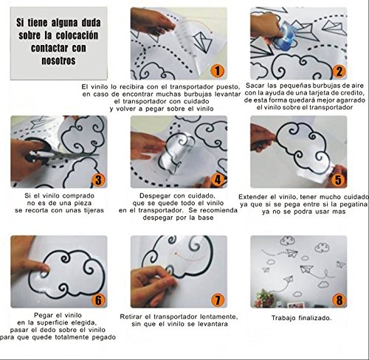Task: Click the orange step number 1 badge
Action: tap(218, 71)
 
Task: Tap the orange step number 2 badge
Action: tap(339, 71)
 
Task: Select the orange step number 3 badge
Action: tap(98, 180)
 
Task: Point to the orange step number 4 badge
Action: tap(218, 180)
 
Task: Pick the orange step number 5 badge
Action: tap(338, 180)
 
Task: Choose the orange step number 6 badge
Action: tap(98, 300)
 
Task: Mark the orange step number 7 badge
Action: tap(218, 300)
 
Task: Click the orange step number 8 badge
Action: tap(339, 300)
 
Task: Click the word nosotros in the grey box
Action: tap(58, 60)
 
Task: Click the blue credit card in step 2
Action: tap(286, 35)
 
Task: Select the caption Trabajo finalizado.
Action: tap(302, 318)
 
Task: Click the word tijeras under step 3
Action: tap(93, 210)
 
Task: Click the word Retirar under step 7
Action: tap(131, 316)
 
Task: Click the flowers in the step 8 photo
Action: tap(265, 298)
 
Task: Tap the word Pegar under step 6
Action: tap(44, 316)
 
